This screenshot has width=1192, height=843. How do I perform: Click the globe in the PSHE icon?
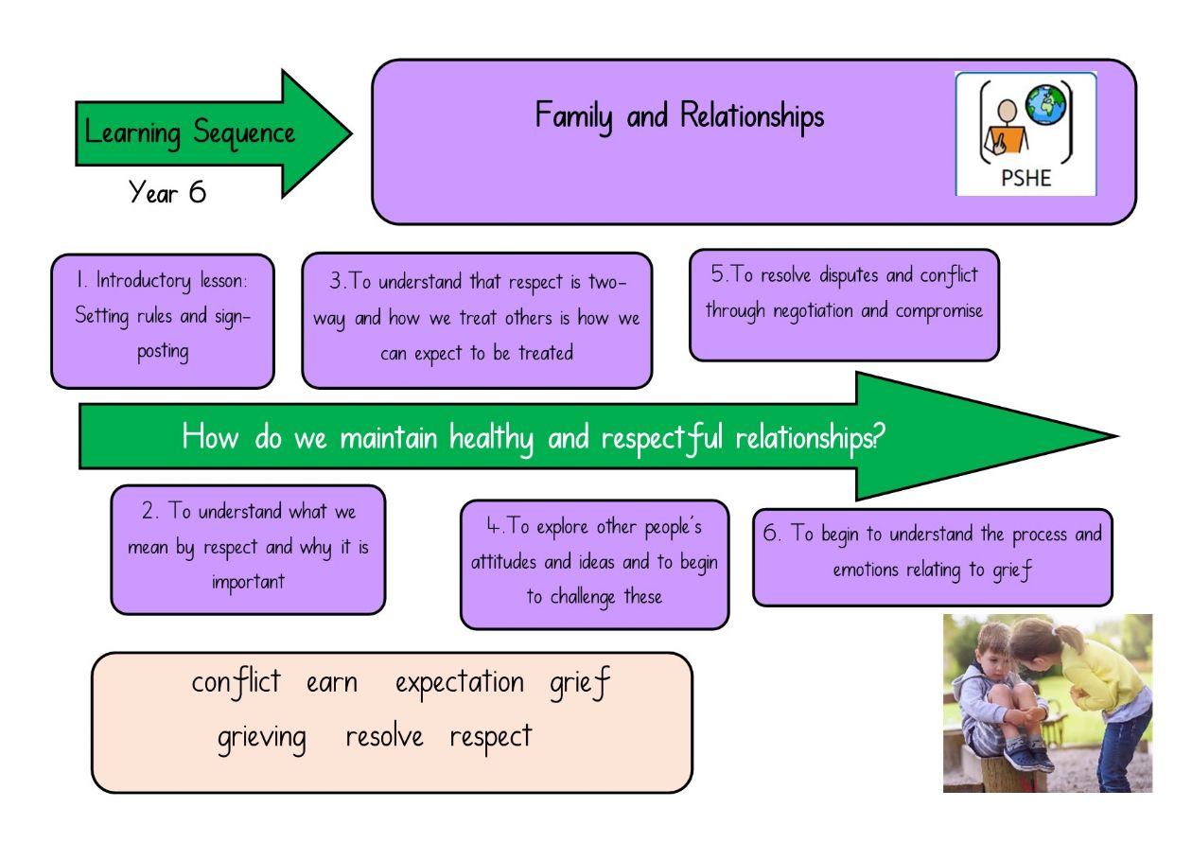1046,105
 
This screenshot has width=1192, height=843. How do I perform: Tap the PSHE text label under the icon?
1025,178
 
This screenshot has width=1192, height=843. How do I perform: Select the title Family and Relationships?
679,116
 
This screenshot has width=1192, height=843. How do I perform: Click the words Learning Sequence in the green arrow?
190,133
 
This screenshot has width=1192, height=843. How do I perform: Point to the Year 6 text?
167,192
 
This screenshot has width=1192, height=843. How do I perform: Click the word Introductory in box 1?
143,281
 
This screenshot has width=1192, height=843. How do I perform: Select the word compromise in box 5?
938,311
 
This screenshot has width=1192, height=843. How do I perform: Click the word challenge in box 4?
583,597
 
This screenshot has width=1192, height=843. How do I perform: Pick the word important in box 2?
248,582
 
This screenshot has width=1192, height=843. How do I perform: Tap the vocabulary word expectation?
459,683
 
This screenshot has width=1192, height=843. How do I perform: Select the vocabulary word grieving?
261,739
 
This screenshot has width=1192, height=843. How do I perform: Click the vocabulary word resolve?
384,736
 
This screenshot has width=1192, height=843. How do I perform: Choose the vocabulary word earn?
331,683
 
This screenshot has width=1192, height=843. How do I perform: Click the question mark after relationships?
879,436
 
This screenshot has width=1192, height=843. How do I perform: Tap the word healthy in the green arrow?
491,439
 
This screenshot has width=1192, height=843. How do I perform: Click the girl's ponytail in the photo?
1069,638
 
